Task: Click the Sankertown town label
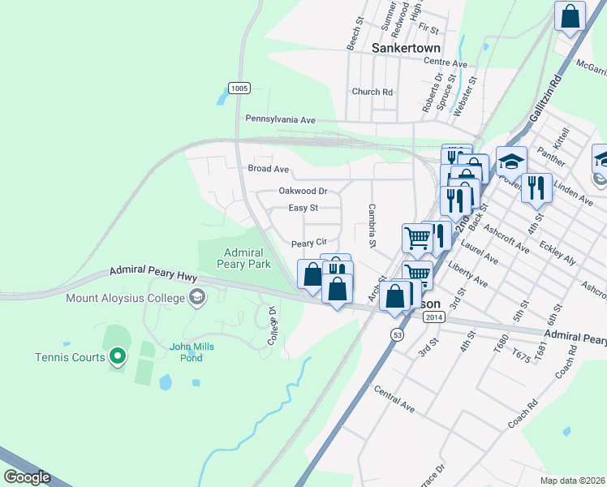pos(406,48)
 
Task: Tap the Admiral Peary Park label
pos(244,258)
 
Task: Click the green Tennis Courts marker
pos(118,356)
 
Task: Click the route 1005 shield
pos(239,88)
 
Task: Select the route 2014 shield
pos(434,317)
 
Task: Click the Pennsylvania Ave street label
pos(280,119)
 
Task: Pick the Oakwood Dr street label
pos(302,192)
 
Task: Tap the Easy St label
pos(303,209)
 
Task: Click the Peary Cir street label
pos(308,243)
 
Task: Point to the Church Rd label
pos(372,92)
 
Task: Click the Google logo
pos(27,477)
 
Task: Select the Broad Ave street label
pos(268,169)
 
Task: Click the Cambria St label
pos(372,226)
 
